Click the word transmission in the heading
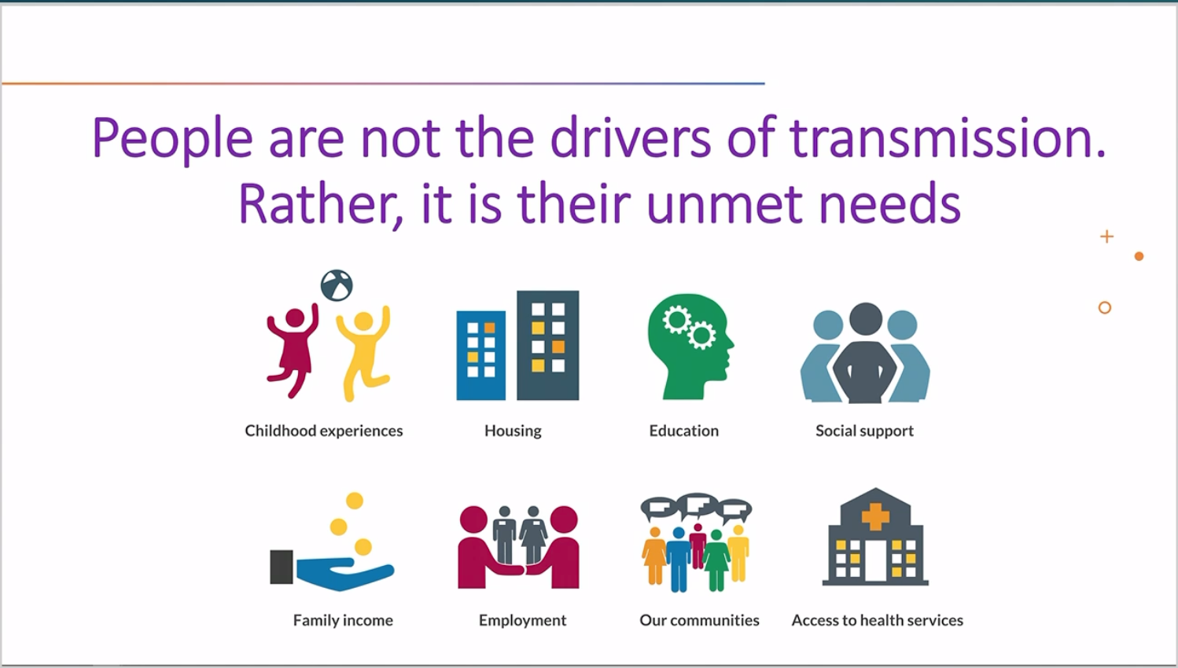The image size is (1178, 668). (x=948, y=138)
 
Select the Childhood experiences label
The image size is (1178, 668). (x=324, y=431)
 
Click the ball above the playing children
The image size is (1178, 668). (x=337, y=285)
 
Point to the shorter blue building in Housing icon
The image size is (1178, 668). (x=480, y=356)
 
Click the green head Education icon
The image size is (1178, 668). (x=690, y=347)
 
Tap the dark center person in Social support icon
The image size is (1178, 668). (x=866, y=354)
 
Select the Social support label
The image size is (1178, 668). (x=864, y=431)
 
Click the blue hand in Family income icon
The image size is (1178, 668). (x=344, y=574)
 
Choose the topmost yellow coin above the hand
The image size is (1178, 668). (x=355, y=501)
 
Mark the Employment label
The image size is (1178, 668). (x=523, y=621)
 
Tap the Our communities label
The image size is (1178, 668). (x=699, y=621)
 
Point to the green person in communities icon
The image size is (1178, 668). (x=716, y=560)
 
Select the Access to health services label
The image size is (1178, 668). (x=877, y=621)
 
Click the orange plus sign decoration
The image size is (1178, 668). (x=1106, y=237)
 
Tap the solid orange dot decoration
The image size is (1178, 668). (x=1139, y=256)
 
